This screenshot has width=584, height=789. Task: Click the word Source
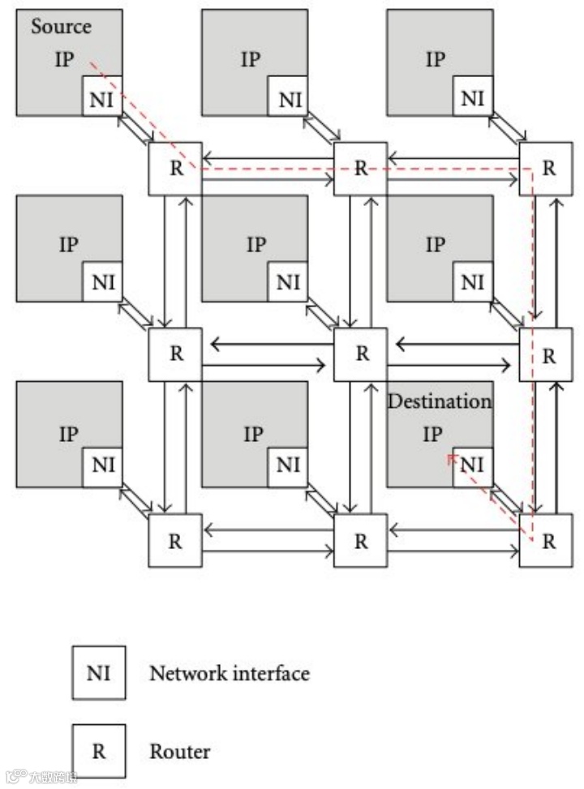(61, 26)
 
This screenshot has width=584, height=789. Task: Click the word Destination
(439, 401)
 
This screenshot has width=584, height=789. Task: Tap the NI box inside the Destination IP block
(473, 465)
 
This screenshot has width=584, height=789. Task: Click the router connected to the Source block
(175, 168)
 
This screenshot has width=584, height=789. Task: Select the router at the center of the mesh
(361, 354)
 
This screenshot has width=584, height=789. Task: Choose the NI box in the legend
(98, 672)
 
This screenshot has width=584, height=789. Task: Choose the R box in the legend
(98, 751)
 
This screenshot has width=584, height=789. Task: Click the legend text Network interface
(230, 672)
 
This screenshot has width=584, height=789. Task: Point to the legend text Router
(179, 751)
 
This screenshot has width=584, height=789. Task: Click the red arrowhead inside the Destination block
(449, 458)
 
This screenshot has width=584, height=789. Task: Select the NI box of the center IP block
(288, 283)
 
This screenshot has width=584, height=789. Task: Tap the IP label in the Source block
(65, 60)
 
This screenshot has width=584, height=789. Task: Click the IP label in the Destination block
(433, 434)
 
